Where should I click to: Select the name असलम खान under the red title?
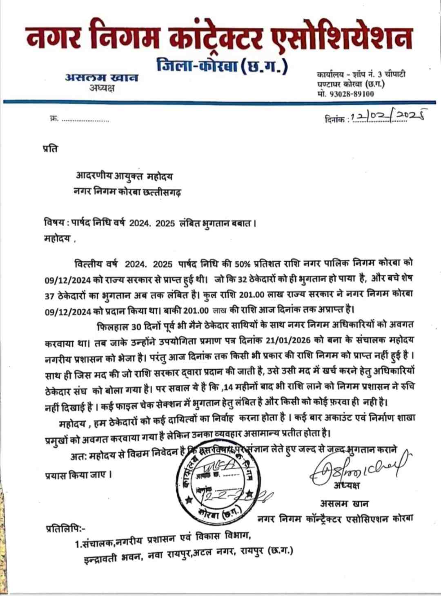(102, 77)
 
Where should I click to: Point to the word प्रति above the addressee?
(50, 148)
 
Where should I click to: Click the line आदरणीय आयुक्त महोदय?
(124, 176)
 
